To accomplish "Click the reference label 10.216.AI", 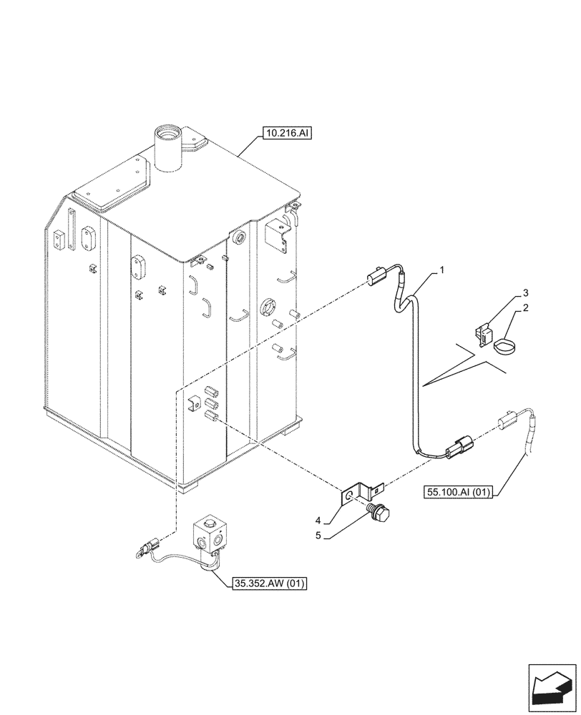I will [287, 134].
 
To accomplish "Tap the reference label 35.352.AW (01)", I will [269, 584].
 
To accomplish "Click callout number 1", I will [442, 270].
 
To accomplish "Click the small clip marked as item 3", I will [486, 331].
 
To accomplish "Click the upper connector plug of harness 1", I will [376, 277].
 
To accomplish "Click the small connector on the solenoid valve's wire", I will [146, 550].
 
